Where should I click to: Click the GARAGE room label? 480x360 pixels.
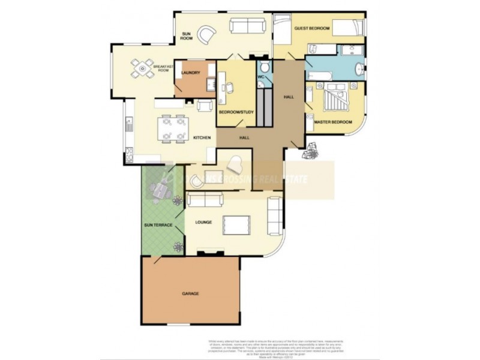190,293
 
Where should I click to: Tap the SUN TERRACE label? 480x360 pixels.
158,225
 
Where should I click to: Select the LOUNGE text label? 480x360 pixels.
203,222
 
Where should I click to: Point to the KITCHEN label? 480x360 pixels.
201,139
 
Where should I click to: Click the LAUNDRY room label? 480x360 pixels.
190,73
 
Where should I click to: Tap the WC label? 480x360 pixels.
262,76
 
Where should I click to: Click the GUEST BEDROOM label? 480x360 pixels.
311,28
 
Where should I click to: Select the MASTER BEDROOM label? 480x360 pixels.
334,122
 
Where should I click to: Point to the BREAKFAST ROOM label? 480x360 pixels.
163,68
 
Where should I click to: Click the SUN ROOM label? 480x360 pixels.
186,35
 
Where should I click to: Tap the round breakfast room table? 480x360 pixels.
143,68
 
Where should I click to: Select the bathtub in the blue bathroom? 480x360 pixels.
322,76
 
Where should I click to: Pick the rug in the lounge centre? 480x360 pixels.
236,224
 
